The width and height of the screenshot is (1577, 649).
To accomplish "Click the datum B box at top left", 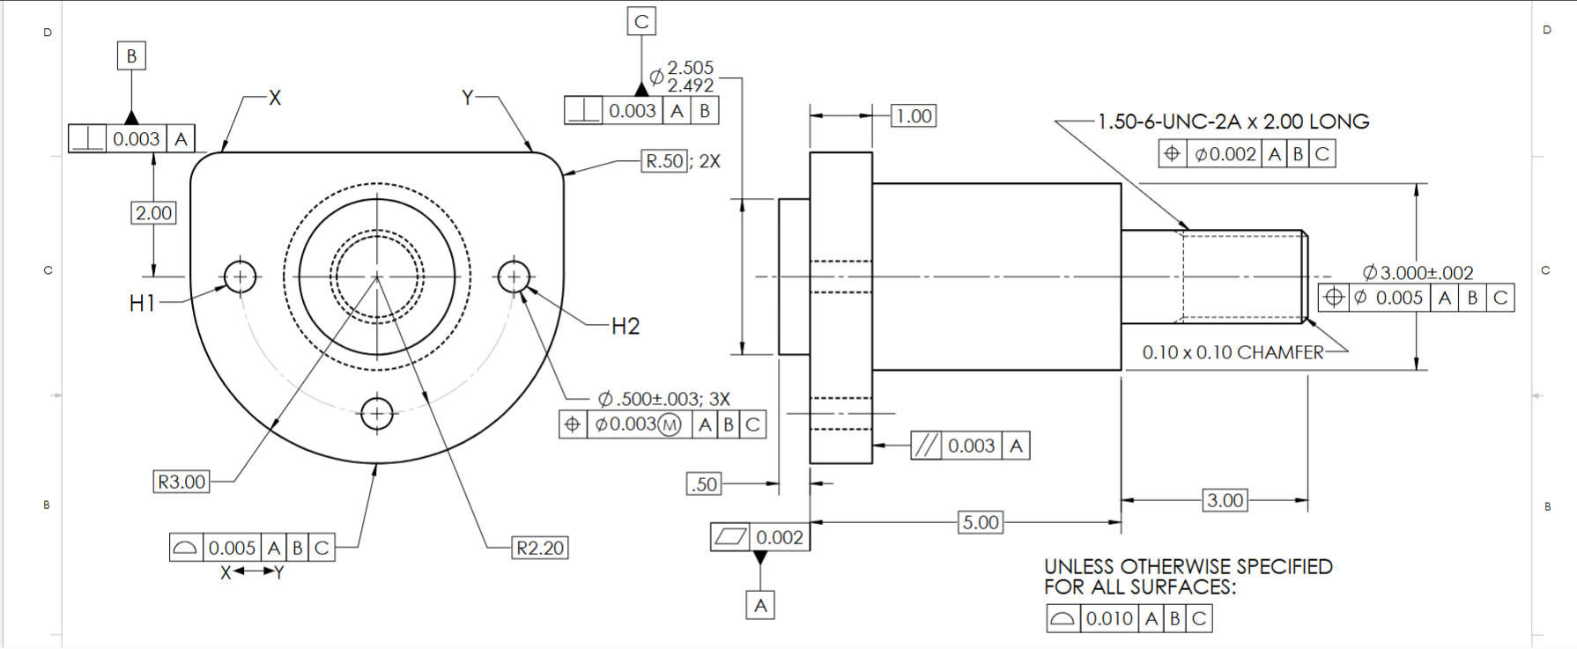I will (131, 56).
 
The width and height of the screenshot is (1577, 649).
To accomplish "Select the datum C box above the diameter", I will (641, 21).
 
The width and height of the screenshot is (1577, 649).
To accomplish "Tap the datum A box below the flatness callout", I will (760, 605).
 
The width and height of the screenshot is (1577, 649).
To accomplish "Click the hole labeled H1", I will (240, 277).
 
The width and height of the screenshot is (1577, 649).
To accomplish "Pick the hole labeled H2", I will (514, 277).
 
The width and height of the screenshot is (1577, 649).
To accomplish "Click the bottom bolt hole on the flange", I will (377, 412).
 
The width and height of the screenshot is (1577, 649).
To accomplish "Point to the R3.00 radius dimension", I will (181, 482).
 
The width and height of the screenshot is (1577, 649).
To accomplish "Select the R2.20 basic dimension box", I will (540, 548).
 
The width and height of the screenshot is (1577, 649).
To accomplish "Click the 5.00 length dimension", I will (981, 522).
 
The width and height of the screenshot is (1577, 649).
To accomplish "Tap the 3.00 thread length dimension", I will (1225, 500).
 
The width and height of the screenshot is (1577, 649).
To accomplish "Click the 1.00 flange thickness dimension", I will (914, 115).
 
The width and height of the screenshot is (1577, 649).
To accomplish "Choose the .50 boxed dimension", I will (704, 483).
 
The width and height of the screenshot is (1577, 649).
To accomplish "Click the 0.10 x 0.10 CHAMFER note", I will (1233, 352).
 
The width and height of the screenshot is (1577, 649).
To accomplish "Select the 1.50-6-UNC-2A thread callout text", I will (1233, 122).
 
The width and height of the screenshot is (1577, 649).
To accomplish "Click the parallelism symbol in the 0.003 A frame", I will (926, 446).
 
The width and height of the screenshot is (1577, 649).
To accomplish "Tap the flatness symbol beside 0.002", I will (730, 536).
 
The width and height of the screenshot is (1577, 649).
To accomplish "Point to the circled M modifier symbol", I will (670, 425).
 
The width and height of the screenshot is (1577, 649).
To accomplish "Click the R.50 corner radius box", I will (664, 161).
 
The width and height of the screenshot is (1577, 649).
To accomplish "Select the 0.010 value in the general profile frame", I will (1109, 618).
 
